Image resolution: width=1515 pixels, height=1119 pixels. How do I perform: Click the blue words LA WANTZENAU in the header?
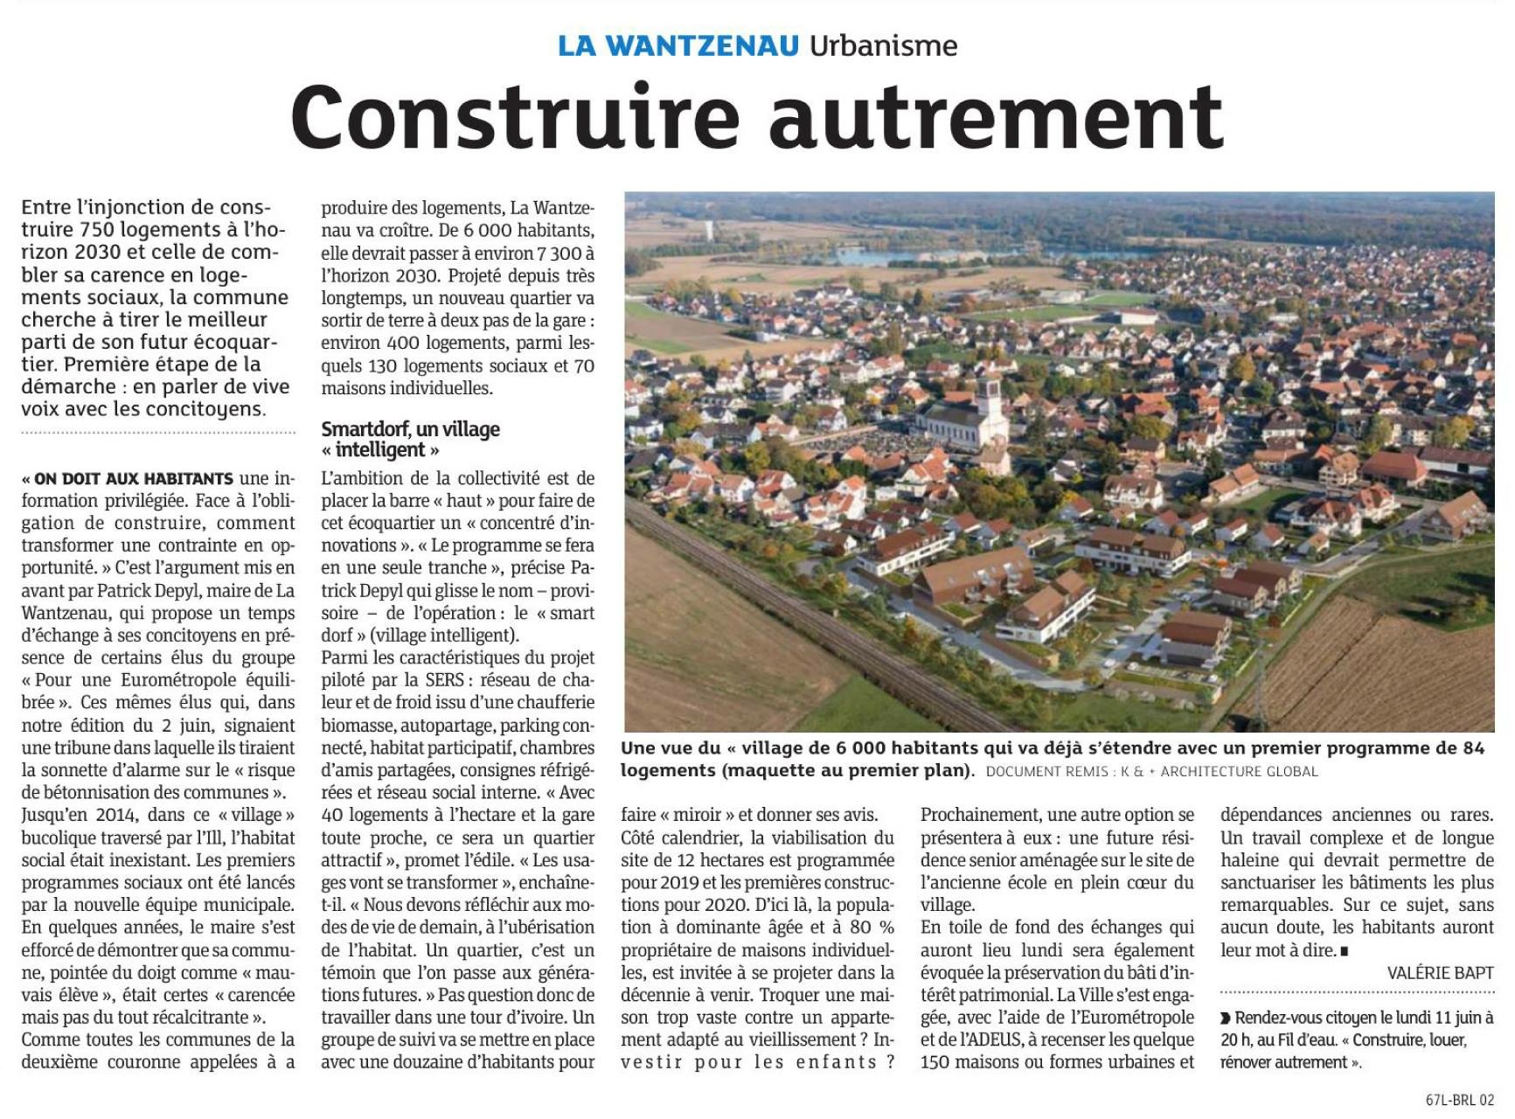(x=678, y=45)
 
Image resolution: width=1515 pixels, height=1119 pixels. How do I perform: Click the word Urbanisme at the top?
(x=883, y=45)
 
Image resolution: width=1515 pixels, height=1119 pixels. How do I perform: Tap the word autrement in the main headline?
(x=997, y=119)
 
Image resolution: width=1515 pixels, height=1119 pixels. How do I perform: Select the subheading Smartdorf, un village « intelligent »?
(x=410, y=440)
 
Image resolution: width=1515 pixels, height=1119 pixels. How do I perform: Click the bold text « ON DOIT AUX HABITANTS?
(x=128, y=479)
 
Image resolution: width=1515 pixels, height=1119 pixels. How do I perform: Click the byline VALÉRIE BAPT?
(x=1440, y=973)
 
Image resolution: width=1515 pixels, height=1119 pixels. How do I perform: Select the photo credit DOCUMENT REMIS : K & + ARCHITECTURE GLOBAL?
(x=1151, y=771)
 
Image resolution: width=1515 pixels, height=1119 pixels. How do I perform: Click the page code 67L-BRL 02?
(x=1459, y=1101)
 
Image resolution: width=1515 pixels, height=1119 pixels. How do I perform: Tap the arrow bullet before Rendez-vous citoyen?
(x=1227, y=1018)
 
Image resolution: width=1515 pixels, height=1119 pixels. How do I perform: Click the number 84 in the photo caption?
(x=1473, y=748)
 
